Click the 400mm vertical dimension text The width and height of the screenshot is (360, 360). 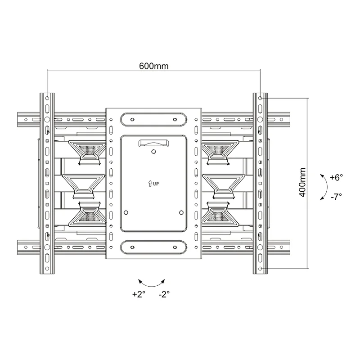coord(302,182)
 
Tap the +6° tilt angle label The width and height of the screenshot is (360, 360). coord(336,177)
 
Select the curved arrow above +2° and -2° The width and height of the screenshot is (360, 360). coord(151,282)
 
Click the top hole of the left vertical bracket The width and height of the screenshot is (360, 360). coord(47,98)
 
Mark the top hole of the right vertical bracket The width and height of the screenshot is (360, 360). coord(260,98)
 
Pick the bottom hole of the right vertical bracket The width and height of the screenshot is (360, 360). coord(260,269)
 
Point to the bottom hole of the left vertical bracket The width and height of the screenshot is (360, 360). coord(47,269)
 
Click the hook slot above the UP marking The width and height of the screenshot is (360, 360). coord(153,143)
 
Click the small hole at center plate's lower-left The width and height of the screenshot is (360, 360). coord(126,212)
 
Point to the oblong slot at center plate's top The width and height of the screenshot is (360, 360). coord(153,120)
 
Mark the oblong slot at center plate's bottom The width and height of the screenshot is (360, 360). coord(153,247)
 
